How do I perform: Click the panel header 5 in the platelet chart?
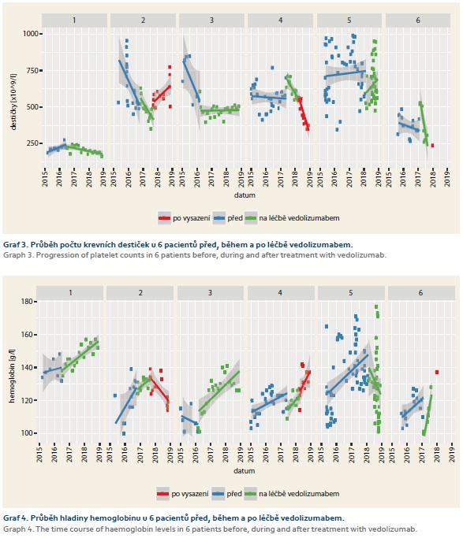pos(349,20)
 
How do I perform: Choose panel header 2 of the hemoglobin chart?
pos(140,293)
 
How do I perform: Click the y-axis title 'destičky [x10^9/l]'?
pos(13,102)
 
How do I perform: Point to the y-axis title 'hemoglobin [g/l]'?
pos(12,376)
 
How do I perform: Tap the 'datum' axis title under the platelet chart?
pos(245,195)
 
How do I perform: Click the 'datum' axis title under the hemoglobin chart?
pos(245,471)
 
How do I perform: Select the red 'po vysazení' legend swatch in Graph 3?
pos(164,218)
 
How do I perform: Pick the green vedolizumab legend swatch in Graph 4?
pos(251,494)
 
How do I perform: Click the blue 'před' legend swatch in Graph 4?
pos(218,494)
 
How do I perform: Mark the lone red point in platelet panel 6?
pos(432,146)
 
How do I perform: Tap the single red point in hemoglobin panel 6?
pos(437,373)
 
